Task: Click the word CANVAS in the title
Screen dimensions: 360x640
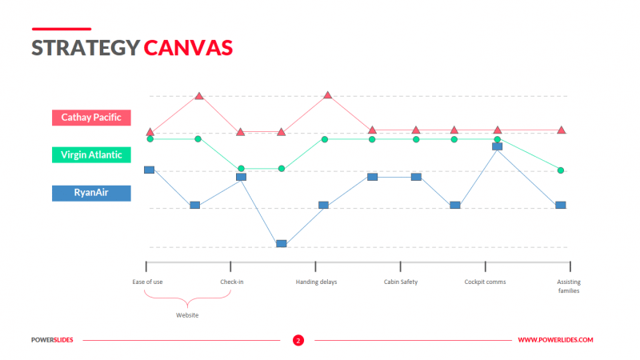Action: tap(189, 48)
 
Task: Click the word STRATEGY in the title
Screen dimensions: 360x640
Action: tap(85, 48)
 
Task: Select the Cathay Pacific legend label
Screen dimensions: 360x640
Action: tap(91, 117)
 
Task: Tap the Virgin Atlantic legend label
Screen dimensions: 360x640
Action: tap(91, 155)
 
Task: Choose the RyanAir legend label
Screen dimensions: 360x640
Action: tap(91, 193)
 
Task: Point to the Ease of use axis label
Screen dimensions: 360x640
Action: tap(147, 282)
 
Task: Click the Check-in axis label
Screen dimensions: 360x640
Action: tap(232, 282)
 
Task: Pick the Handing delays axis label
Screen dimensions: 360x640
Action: tap(316, 282)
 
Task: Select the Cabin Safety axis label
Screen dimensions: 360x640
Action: tap(400, 282)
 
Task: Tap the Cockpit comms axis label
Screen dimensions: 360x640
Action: tap(485, 282)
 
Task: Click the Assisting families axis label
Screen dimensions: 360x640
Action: tap(569, 286)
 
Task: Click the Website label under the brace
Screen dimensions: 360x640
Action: tap(187, 315)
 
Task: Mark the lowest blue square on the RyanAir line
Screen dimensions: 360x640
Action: tap(281, 243)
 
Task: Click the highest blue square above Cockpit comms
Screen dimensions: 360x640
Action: tap(497, 146)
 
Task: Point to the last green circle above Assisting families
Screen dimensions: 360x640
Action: tap(561, 170)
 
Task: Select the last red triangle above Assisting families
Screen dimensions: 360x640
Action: tap(562, 130)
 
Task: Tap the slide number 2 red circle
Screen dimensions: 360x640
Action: tap(298, 340)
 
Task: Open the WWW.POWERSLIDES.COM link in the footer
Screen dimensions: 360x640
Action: tap(555, 340)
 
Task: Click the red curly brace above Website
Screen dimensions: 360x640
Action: tap(187, 299)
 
